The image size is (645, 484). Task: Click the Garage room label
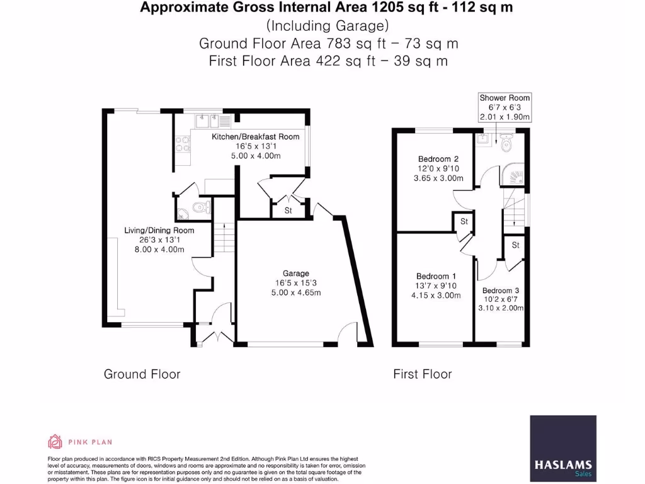tap(296, 274)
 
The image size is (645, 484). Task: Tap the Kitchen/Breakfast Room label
tap(256, 137)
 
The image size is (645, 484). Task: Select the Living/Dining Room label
tap(159, 231)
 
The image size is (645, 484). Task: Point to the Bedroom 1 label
tap(436, 276)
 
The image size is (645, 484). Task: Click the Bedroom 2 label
tap(438, 159)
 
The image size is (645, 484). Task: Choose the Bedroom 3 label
tap(501, 291)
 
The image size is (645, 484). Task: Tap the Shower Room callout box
tap(505, 107)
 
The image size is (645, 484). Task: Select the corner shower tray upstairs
tap(513, 175)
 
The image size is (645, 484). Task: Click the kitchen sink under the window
tap(208, 121)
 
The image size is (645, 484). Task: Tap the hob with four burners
tap(183, 144)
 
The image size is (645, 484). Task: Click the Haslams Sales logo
tap(562, 449)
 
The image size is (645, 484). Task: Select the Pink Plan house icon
tap(55, 442)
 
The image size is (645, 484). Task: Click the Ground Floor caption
tap(142, 374)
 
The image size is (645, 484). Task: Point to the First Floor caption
tap(423, 374)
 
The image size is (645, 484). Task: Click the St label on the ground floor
tap(288, 210)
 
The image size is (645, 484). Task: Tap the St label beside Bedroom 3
tap(515, 245)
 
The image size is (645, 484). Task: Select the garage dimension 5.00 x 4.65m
tap(296, 292)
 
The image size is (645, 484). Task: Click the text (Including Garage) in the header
tap(328, 25)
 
